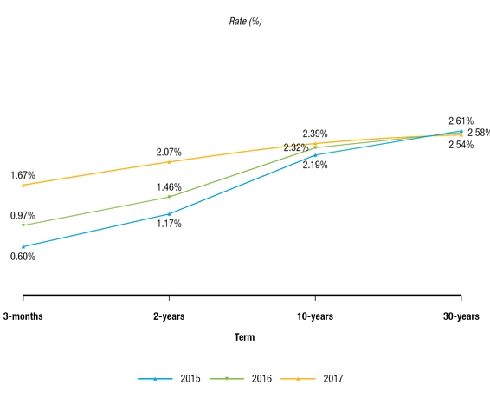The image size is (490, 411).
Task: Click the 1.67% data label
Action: [x=23, y=176]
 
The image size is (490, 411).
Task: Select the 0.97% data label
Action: [x=23, y=216]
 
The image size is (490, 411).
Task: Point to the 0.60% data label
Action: [x=23, y=256]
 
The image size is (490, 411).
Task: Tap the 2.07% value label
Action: [x=169, y=153]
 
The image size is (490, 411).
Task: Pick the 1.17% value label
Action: [x=169, y=224]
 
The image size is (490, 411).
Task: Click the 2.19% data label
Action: [x=314, y=165]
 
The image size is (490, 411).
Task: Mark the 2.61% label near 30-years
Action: [x=461, y=121]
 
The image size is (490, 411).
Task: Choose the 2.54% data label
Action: [x=461, y=145]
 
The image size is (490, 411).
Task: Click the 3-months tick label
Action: [x=23, y=316]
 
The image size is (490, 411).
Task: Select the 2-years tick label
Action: [x=169, y=316]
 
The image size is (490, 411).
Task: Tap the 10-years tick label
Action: [x=314, y=316]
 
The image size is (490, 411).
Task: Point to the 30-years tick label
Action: [x=461, y=316]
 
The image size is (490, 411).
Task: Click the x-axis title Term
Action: [x=244, y=337]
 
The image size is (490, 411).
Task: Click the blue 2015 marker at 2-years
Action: [x=169, y=213]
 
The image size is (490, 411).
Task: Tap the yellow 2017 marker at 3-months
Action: [x=23, y=185]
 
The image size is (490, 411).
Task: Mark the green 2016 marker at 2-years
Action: [x=169, y=197]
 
